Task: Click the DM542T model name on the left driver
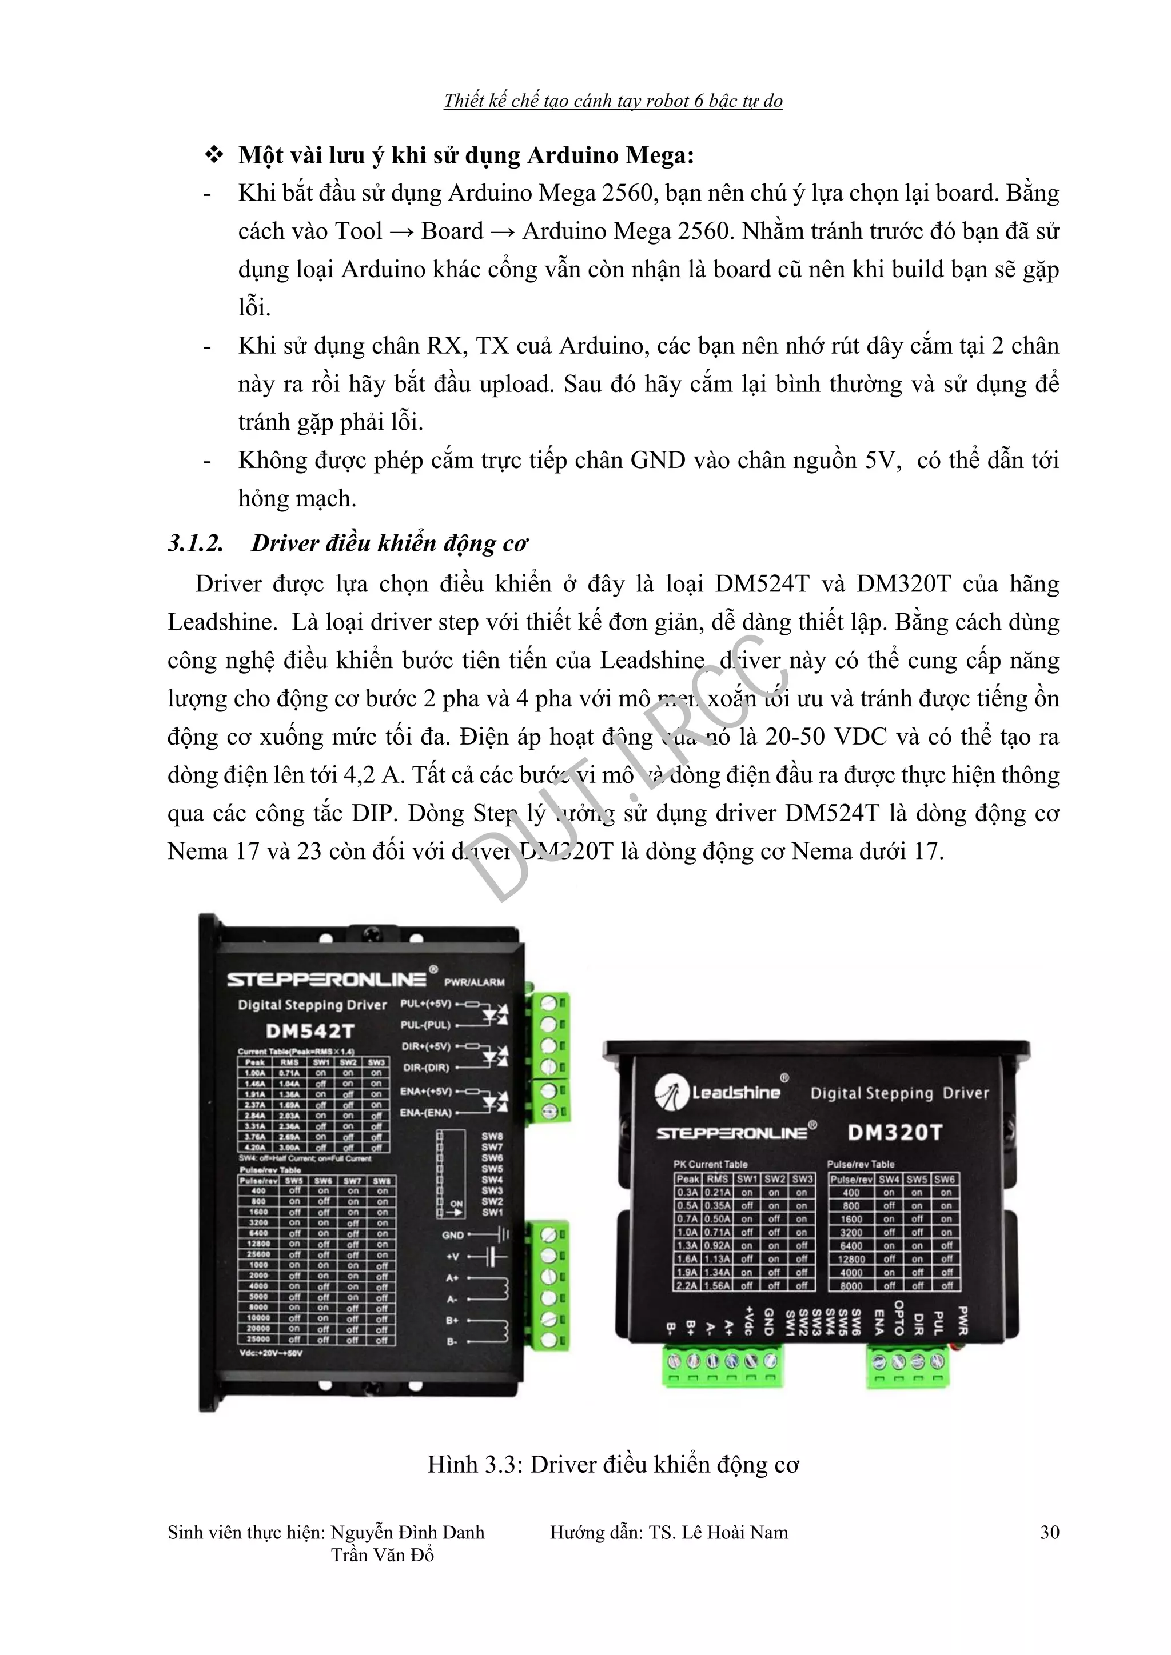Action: (309, 1031)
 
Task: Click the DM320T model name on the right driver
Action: (895, 1133)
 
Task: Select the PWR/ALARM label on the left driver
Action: (474, 982)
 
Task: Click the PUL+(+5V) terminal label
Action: (425, 1004)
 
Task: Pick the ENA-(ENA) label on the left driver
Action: (425, 1112)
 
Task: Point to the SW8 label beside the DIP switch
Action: (492, 1136)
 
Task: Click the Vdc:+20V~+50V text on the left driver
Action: (271, 1353)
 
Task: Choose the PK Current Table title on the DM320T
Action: (710, 1164)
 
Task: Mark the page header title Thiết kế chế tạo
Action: (613, 101)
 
